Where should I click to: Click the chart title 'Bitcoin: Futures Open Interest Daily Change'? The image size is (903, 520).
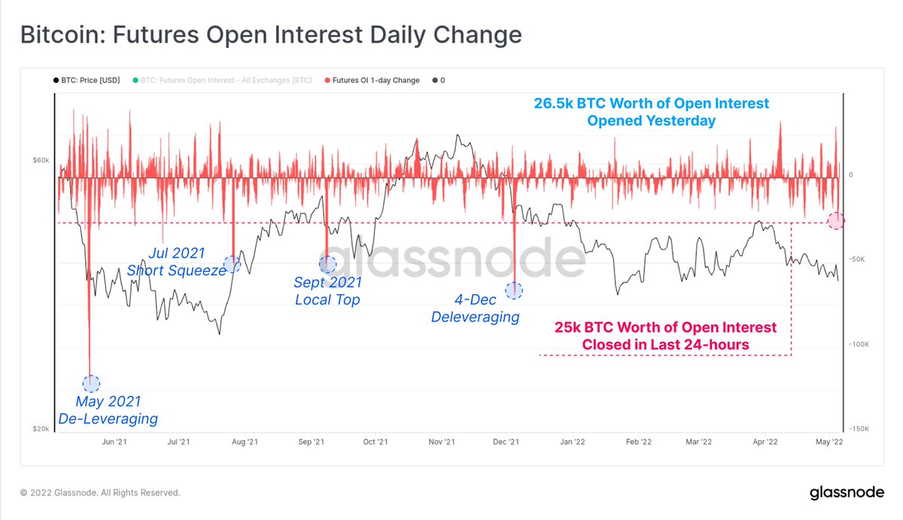(x=270, y=35)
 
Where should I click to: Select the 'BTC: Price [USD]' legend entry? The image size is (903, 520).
(x=87, y=80)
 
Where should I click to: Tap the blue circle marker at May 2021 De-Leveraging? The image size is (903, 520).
(x=91, y=383)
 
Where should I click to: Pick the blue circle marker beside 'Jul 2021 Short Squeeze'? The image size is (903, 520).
(x=232, y=264)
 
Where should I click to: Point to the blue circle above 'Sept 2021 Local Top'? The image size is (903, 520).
(x=327, y=264)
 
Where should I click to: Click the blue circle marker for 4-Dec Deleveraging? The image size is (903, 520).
(x=514, y=290)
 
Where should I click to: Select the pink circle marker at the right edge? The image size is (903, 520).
(x=836, y=220)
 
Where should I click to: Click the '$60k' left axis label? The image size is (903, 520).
(x=41, y=160)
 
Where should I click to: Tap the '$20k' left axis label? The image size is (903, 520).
(x=41, y=429)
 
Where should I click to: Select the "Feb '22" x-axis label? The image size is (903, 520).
(x=638, y=442)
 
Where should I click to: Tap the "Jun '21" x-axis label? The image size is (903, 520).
(x=114, y=442)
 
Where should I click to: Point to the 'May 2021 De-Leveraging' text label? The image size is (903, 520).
(x=108, y=410)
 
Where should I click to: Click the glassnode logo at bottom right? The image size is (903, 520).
(x=846, y=493)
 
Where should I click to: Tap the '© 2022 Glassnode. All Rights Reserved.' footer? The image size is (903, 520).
(x=100, y=493)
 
